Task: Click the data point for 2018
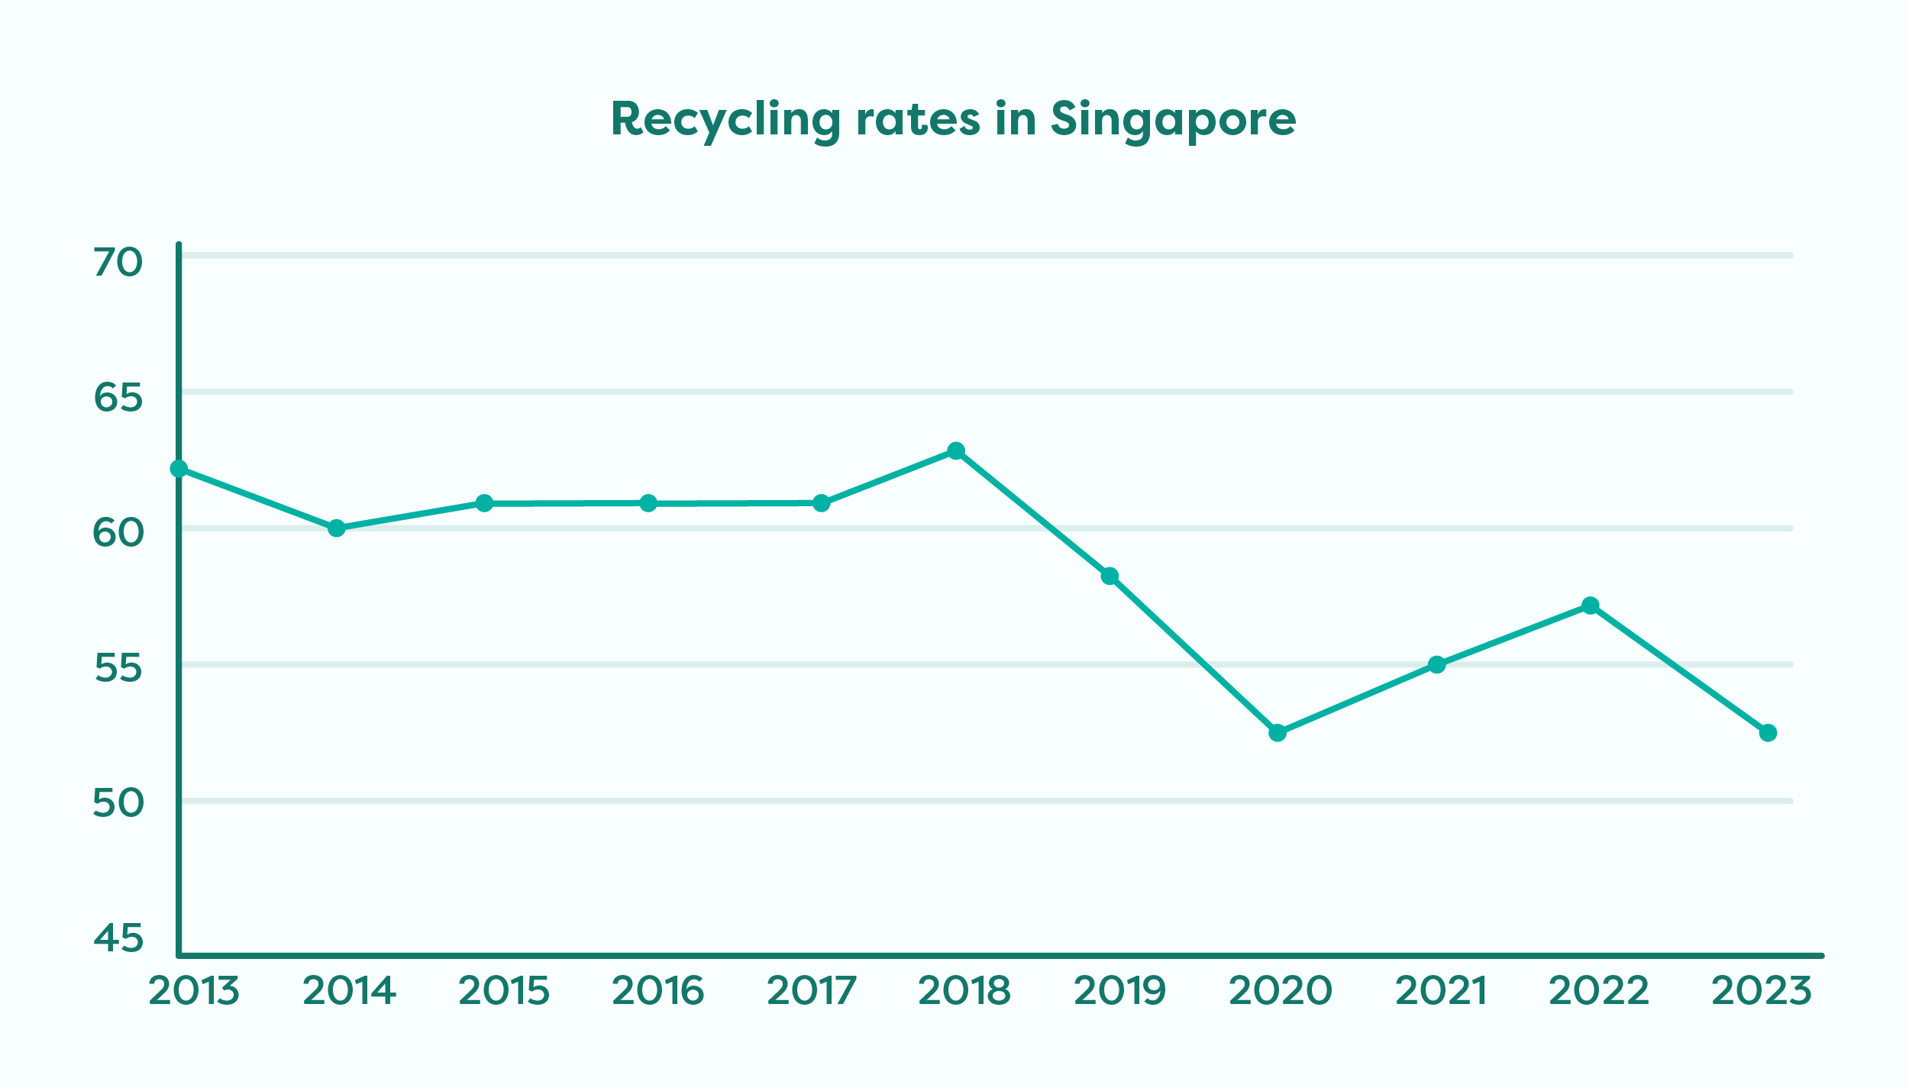[955, 451]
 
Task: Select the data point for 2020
[1278, 733]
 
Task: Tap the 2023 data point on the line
[1768, 733]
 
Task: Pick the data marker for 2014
[337, 528]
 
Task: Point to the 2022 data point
[1591, 605]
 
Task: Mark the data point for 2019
[1110, 576]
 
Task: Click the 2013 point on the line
[179, 469]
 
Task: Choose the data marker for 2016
[648, 503]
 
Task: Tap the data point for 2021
[1437, 665]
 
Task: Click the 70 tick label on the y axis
[118, 263]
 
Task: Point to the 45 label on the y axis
[118, 938]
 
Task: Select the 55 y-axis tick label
[118, 669]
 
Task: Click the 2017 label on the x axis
[812, 991]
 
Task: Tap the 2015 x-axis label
[504, 991]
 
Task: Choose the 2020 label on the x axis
[1281, 991]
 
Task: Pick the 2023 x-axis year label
[1762, 991]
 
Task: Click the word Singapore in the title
[1173, 121]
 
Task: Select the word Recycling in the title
[725, 121]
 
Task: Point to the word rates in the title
[918, 121]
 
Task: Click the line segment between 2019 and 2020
[1194, 654]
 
